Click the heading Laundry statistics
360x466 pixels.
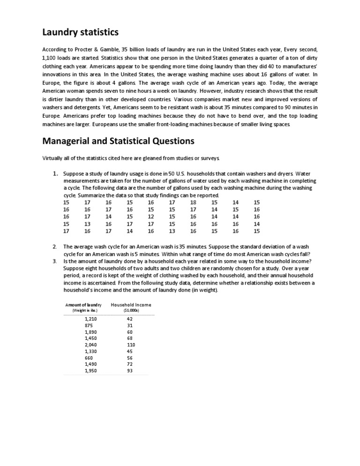(x=81, y=32)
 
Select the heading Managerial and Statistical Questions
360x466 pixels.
(x=118, y=141)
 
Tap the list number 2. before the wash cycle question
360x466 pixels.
(x=54, y=246)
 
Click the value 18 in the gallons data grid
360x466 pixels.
(x=193, y=202)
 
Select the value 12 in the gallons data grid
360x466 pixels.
(x=151, y=217)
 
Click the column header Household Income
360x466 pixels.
(x=131, y=305)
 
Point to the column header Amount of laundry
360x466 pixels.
(x=83, y=305)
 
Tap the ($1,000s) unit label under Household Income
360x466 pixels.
(x=130, y=310)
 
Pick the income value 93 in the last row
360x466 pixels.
(x=130, y=370)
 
